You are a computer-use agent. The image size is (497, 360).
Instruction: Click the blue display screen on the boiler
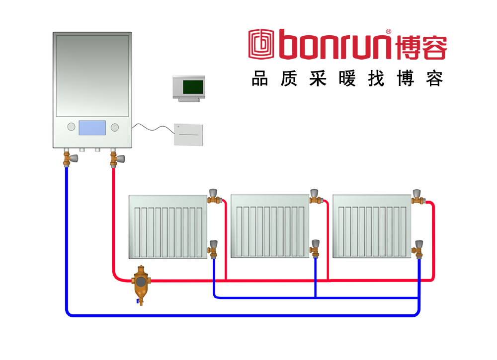coord(92,128)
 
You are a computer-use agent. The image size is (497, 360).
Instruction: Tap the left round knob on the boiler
coord(71,127)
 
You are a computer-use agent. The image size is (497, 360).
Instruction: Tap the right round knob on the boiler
coord(115,127)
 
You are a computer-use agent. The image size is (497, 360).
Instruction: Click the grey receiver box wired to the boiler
coord(188,134)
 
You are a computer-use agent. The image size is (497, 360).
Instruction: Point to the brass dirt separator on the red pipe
coord(141,282)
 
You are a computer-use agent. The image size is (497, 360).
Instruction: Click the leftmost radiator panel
coord(167,226)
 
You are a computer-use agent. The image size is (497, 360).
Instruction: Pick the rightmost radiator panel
coord(372,226)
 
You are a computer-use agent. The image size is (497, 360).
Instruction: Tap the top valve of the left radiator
coord(214,197)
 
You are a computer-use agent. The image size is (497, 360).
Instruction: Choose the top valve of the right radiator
coord(418,197)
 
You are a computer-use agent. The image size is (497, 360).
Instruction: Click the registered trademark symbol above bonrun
coord(388,31)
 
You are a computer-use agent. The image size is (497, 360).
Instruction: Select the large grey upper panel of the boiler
coord(92,75)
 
